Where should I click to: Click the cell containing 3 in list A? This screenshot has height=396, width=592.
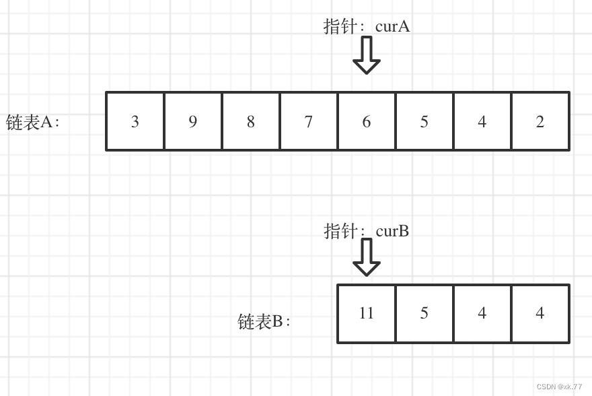pyautogui.click(x=135, y=121)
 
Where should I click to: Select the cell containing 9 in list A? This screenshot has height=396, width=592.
pyautogui.click(x=193, y=121)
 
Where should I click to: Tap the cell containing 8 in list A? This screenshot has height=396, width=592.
pyautogui.click(x=251, y=121)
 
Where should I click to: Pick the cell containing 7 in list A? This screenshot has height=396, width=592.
pyautogui.click(x=309, y=121)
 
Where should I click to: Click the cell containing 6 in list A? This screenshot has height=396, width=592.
pyautogui.click(x=367, y=121)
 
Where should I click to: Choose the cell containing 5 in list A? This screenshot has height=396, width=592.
pyautogui.click(x=424, y=121)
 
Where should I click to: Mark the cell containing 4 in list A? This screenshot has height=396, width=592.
pyautogui.click(x=482, y=121)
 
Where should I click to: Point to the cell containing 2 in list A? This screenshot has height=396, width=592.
pyautogui.click(x=540, y=121)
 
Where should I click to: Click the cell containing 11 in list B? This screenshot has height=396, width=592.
pyautogui.click(x=367, y=313)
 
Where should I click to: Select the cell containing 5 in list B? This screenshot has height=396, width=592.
pyautogui.click(x=424, y=313)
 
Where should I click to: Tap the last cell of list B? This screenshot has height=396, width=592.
pyautogui.click(x=540, y=313)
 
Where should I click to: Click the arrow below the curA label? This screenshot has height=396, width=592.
pyautogui.click(x=367, y=55)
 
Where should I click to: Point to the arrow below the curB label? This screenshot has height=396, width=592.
pyautogui.click(x=367, y=257)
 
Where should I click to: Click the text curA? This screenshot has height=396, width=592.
pyautogui.click(x=392, y=26)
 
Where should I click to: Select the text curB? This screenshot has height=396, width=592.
pyautogui.click(x=392, y=231)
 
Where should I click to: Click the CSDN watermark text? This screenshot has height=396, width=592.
pyautogui.click(x=559, y=387)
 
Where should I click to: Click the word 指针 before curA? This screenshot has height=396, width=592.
pyautogui.click(x=340, y=26)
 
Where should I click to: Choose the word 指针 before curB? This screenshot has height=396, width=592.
pyautogui.click(x=340, y=231)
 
